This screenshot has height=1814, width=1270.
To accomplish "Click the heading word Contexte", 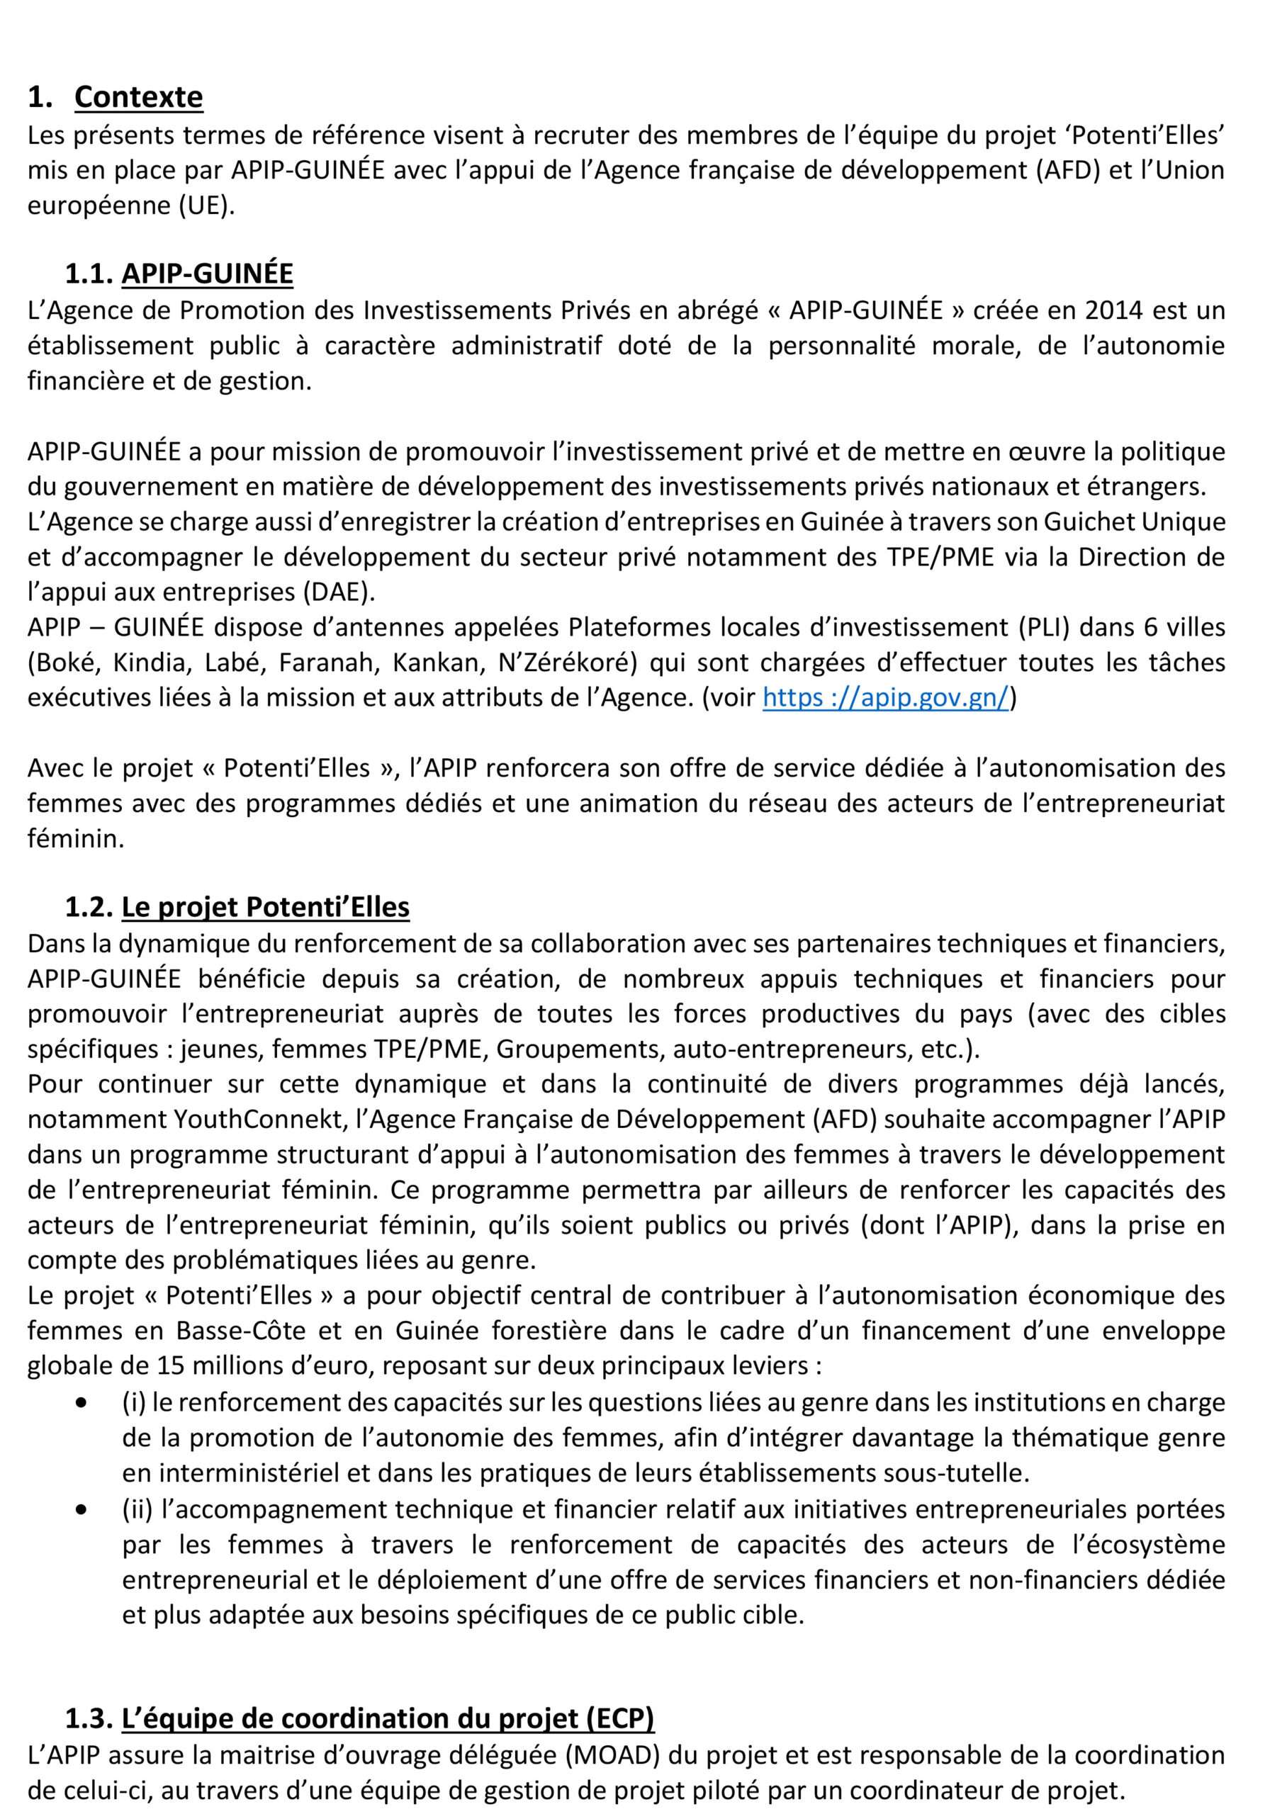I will [x=138, y=97].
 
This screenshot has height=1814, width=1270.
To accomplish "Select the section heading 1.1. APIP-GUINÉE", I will [x=179, y=274].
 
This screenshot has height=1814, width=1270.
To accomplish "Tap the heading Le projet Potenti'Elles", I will [x=265, y=907].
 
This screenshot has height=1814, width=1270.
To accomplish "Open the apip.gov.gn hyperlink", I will [x=885, y=699].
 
